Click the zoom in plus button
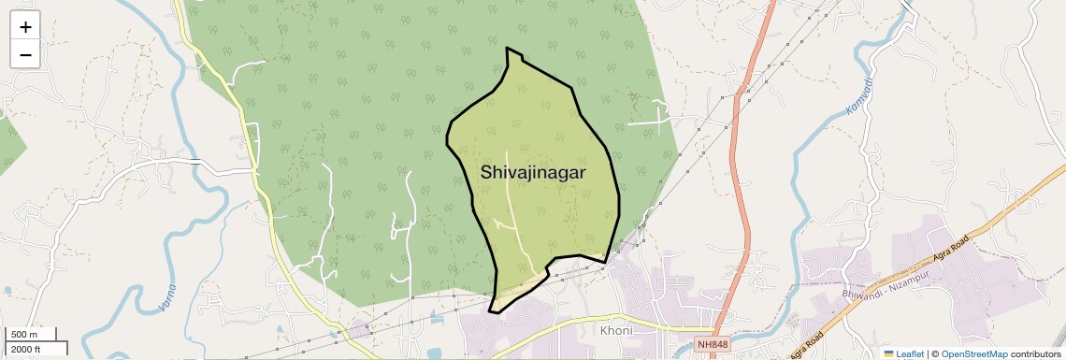25,26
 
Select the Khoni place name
616,331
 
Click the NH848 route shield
713,345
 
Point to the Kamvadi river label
860,97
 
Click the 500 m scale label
24,335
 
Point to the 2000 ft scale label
27,349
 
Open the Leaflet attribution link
910,353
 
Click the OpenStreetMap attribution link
974,353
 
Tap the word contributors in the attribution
1036,353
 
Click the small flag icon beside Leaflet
888,353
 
